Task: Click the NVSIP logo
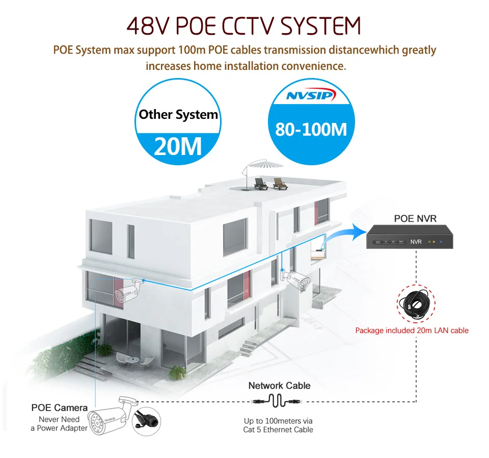tap(311, 95)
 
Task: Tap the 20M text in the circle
tap(178, 146)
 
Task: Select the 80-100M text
tap(311, 129)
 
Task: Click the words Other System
tap(178, 115)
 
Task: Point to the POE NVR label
tap(415, 218)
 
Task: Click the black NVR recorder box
tap(410, 237)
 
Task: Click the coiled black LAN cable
tap(416, 303)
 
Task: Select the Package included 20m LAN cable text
tap(412, 330)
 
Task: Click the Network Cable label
tap(280, 386)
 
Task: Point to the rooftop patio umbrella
tap(261, 170)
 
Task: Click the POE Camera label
tap(59, 408)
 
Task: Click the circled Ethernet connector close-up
tap(147, 421)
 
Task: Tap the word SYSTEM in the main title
tap(320, 26)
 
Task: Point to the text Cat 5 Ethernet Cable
tap(278, 430)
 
